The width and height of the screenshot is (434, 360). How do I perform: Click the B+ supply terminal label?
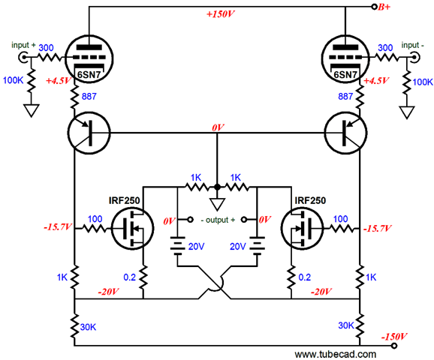point(384,7)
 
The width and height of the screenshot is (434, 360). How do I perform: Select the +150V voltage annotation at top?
point(221,14)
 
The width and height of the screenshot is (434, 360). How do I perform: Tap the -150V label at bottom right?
point(394,337)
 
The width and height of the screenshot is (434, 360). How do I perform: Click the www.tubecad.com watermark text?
point(335,354)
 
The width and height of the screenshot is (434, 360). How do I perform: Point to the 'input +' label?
point(23,45)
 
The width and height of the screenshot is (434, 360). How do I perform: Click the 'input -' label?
point(412,45)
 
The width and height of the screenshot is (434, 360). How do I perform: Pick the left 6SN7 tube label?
point(89,75)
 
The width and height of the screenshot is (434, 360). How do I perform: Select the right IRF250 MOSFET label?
point(310,200)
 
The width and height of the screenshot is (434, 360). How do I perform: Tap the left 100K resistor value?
point(13,80)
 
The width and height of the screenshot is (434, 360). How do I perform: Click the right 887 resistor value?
point(345,96)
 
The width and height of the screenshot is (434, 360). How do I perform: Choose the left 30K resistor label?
point(88,327)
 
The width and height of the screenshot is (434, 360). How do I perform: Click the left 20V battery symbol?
point(177,246)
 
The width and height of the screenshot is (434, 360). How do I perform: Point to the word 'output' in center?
point(218,220)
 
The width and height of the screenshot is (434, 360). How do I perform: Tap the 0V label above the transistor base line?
point(218,127)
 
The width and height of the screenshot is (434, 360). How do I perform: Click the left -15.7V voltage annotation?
point(58,227)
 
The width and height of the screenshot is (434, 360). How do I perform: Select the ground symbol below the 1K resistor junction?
point(217,205)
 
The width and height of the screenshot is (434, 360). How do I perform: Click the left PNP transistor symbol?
point(89,133)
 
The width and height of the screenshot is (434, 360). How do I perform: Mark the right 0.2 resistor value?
point(304,277)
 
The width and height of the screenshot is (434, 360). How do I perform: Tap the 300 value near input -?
point(385,48)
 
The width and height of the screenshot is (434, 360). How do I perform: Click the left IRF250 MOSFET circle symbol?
point(132,229)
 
